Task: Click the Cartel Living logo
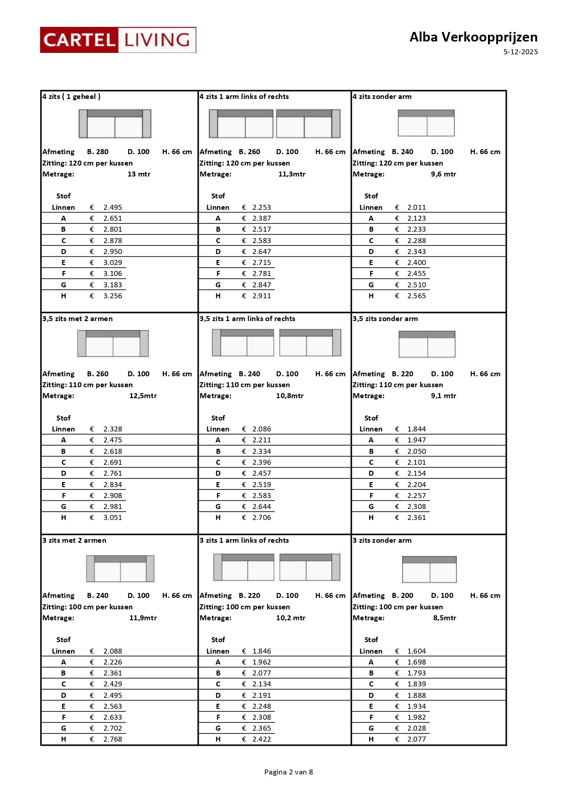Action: pyautogui.click(x=118, y=40)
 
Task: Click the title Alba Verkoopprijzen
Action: pyautogui.click(x=473, y=37)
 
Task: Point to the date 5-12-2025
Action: pyautogui.click(x=520, y=52)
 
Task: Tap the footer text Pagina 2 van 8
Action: pyautogui.click(x=288, y=772)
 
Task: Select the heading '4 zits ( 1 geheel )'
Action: pyautogui.click(x=72, y=97)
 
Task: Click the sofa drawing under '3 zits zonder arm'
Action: pyautogui.click(x=429, y=569)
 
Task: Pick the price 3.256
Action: pyautogui.click(x=113, y=296)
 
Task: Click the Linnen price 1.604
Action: pyautogui.click(x=416, y=651)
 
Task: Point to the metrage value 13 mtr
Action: pyautogui.click(x=139, y=174)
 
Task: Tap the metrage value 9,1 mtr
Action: pyautogui.click(x=443, y=396)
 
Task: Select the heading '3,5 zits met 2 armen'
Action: pyautogui.click(x=77, y=319)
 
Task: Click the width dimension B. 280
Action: pyautogui.click(x=98, y=152)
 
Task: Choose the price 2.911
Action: pyautogui.click(x=262, y=296)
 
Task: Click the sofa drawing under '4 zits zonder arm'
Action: pyautogui.click(x=426, y=123)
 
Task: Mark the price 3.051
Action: pyautogui.click(x=113, y=518)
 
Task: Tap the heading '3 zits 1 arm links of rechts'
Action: pyautogui.click(x=244, y=540)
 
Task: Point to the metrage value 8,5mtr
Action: pyautogui.click(x=444, y=618)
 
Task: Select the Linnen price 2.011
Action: pyautogui.click(x=416, y=208)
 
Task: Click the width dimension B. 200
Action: pyautogui.click(x=402, y=596)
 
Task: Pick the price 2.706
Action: pyautogui.click(x=262, y=518)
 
